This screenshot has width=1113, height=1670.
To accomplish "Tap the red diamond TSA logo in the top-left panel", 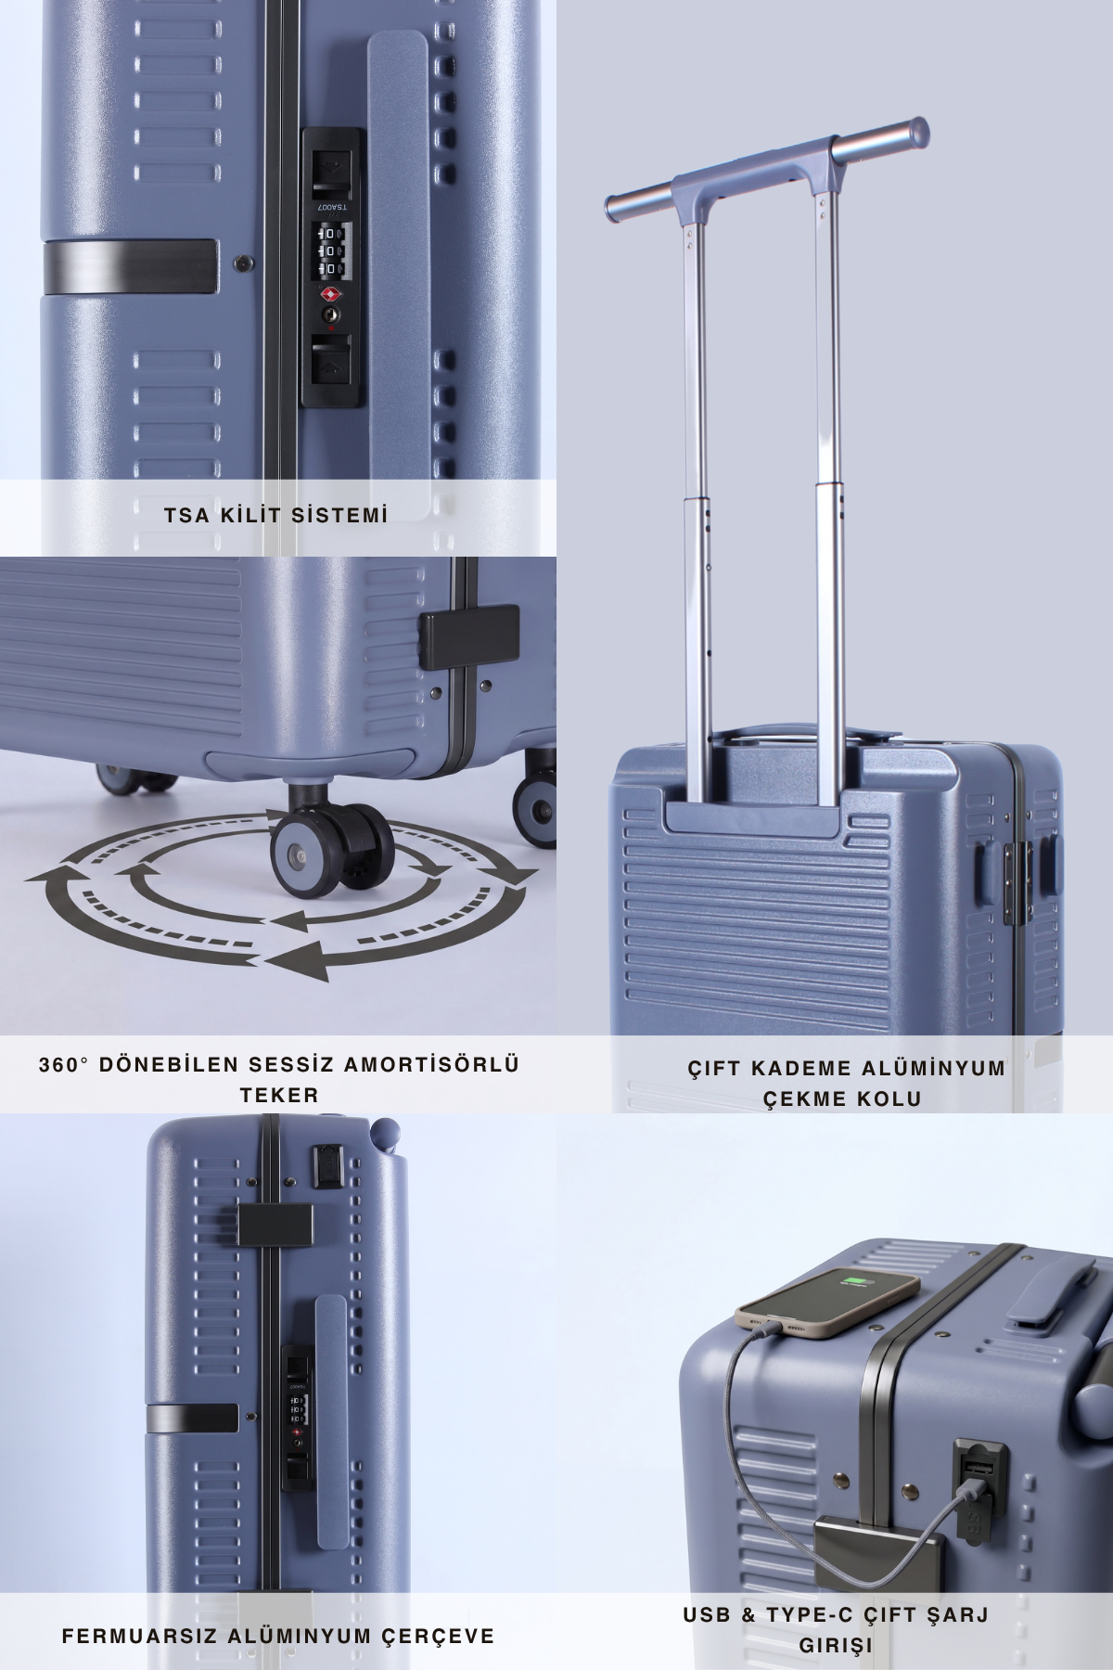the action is point(330,294).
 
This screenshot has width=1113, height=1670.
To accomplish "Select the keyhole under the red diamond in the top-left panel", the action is point(330,315).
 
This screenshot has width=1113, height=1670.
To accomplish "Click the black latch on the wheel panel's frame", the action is point(469,637).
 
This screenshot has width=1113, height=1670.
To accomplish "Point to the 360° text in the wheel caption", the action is point(63,1064).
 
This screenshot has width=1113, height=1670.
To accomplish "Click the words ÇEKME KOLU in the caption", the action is point(842,1098).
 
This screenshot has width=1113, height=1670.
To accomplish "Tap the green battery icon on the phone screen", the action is point(853,1283).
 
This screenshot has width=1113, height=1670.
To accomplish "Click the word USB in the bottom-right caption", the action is point(710,1615).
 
